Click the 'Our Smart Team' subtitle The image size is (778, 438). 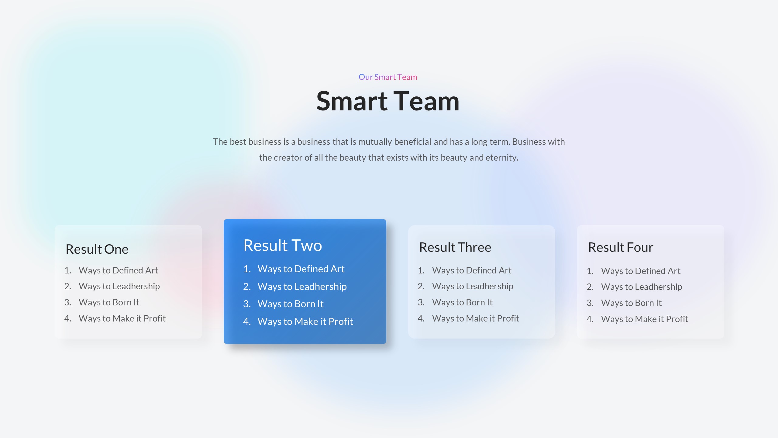[388, 77]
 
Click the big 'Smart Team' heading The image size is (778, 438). [388, 101]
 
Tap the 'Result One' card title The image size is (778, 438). [97, 249]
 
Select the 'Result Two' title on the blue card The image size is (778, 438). [283, 245]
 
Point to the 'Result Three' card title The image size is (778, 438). [455, 247]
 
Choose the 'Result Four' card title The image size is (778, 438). [621, 247]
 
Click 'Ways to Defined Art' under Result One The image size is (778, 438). [118, 270]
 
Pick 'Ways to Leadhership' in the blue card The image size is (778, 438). [302, 287]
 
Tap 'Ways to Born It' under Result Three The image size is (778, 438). [462, 302]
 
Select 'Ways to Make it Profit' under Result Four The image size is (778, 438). [644, 319]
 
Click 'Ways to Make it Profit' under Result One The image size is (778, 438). [122, 318]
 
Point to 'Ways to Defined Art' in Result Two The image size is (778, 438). [301, 269]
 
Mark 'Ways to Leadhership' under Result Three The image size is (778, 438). [473, 286]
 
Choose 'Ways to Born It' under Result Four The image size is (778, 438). [631, 303]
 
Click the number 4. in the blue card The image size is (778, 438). [247, 322]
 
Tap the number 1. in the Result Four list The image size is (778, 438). [590, 271]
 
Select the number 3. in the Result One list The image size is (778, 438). [67, 302]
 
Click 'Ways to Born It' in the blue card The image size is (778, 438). [291, 304]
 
